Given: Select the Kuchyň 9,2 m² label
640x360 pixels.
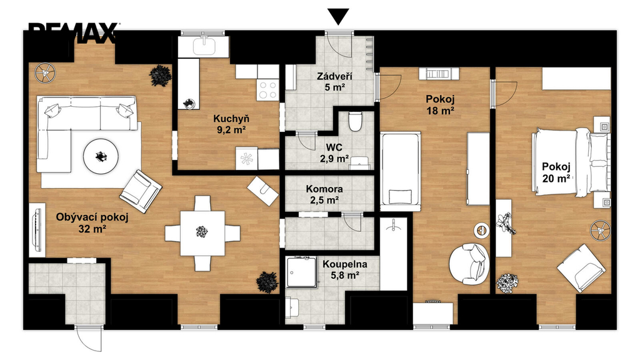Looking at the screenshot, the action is coord(231,124).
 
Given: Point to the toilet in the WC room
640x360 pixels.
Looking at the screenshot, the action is coord(355,122).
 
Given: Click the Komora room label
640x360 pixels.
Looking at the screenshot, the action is coord(324,189).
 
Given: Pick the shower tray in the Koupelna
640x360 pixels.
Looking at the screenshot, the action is coord(301,272).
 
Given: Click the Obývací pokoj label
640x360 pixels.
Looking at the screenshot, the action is coord(92,217).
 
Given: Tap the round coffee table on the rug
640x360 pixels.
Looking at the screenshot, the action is coord(101,156).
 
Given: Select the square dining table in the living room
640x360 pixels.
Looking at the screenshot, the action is coord(202,233).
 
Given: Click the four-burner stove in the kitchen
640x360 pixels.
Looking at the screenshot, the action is coord(267,90).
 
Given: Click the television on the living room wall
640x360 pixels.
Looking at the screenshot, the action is coord(37,230).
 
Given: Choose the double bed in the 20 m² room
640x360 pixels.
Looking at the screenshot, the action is coord(571,162).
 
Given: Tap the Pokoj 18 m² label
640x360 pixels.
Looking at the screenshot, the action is coord(440,104).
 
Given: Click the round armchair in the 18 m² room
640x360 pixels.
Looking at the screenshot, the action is coord(469,264).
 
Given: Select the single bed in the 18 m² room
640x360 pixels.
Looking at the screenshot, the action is coord(401,170).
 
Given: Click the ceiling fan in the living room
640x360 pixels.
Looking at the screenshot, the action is coord(44,73).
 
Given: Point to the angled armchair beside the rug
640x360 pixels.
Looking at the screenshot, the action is coord(141,191).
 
